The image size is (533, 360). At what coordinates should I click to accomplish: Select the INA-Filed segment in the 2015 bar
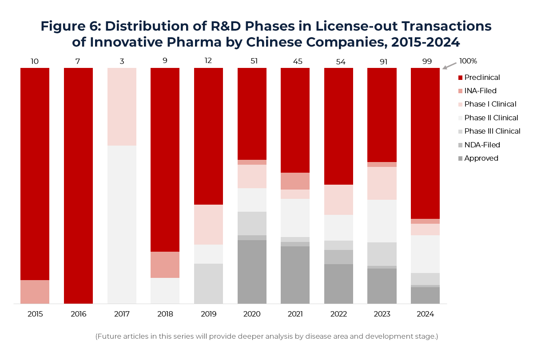pos(35,292)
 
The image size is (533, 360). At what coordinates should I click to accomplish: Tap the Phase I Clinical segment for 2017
pos(122,107)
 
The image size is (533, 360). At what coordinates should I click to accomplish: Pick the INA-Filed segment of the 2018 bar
pos(165,265)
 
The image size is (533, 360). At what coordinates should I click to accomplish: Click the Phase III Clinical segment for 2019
pos(208,283)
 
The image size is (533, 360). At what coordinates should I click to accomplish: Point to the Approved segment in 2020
pos(252,272)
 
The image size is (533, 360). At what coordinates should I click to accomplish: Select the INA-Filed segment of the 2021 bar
pos(295,181)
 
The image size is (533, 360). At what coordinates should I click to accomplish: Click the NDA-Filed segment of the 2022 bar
pos(338,257)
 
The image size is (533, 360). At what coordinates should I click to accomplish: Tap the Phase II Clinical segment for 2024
pos(425,254)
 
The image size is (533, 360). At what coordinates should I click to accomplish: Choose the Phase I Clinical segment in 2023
pos(382,183)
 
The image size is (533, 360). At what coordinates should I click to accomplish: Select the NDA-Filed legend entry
pos(482,145)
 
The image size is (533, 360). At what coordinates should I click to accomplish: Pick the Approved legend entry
pos(481,158)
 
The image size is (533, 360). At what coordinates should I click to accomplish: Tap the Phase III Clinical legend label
pos(492,131)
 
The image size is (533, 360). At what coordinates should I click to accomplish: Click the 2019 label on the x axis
pos(208,314)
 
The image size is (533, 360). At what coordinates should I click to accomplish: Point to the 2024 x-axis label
pos(425,314)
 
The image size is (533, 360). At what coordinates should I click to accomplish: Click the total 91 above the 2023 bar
pos(382,61)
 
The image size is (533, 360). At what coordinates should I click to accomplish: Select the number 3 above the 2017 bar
pos(122,61)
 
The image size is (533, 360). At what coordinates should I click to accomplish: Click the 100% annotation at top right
pos(468,61)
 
